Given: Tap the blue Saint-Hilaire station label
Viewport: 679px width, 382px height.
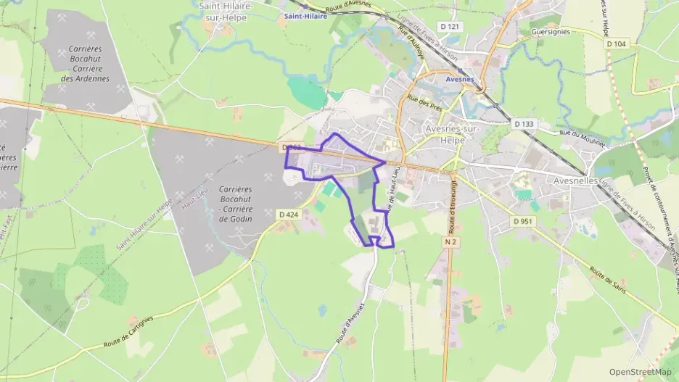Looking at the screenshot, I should (x=305, y=15).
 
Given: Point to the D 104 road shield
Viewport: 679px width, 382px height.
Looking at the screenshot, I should (x=616, y=44).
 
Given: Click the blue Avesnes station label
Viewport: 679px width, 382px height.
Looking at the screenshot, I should (x=459, y=80).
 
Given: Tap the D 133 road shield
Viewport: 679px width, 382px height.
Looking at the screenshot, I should (x=524, y=124).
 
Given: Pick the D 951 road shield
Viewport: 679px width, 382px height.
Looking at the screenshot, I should (x=523, y=221).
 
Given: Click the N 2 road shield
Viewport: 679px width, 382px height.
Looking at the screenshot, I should (x=453, y=241).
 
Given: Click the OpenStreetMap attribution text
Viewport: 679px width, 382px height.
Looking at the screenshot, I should (x=640, y=372).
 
